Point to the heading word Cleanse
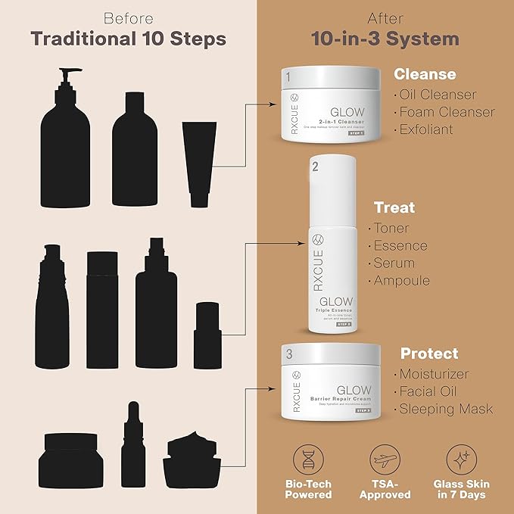tap(425, 74)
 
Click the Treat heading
tap(394, 207)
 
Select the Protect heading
tap(429, 354)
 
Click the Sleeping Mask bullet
tap(447, 410)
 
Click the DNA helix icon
tap(309, 459)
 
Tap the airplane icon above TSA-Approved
tap(384, 459)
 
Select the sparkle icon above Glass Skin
tap(461, 459)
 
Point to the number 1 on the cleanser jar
tap(288, 76)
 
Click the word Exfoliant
tap(426, 129)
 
